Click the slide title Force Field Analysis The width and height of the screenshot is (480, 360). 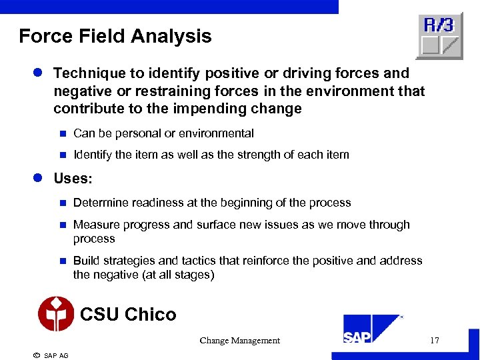pyautogui.click(x=115, y=36)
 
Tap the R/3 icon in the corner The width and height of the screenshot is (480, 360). pyautogui.click(x=439, y=37)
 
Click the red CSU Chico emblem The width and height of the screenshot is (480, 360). pyautogui.click(x=56, y=314)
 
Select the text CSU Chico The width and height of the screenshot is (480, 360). pyautogui.click(x=128, y=314)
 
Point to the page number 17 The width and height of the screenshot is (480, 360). pyautogui.click(x=435, y=341)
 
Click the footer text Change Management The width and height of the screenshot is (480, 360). pyautogui.click(x=239, y=341)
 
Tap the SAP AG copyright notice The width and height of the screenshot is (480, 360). pyautogui.click(x=51, y=355)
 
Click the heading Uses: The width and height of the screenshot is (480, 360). pyautogui.click(x=73, y=179)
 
